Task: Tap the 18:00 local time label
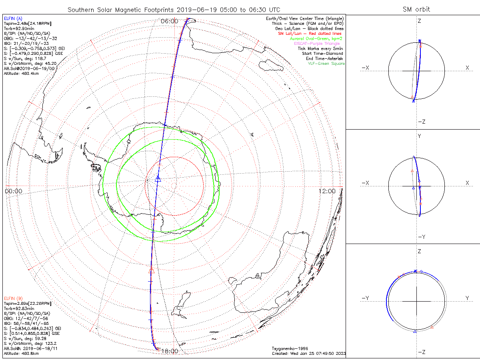[x=169, y=351]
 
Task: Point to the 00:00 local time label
[x=14, y=191]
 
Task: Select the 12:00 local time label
[x=327, y=191]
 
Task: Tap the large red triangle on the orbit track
[x=151, y=270]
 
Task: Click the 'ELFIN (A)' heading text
[x=13, y=18]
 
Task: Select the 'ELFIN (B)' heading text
[x=13, y=298]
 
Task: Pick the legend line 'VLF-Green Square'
[x=326, y=64]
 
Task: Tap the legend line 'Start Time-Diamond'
[x=322, y=54]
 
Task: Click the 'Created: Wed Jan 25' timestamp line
[x=308, y=353]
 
